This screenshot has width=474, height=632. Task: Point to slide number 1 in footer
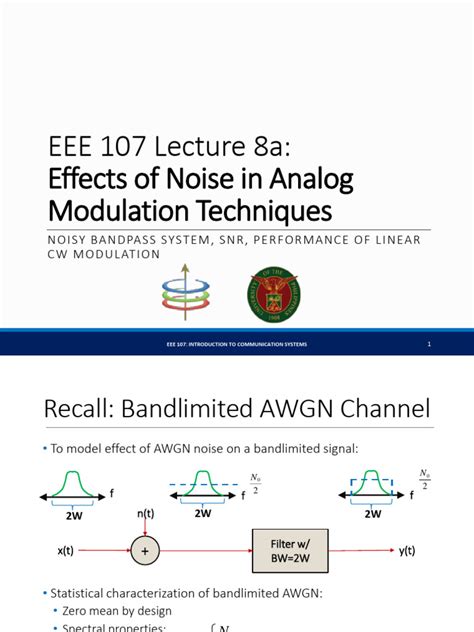tap(428, 345)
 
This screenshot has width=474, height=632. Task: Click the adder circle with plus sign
tap(144, 549)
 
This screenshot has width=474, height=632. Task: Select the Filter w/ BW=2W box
tap(294, 549)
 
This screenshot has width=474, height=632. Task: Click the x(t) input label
tap(57, 549)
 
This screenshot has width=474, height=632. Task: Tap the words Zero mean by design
tap(108, 610)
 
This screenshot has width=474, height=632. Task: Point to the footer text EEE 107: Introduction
tap(236, 345)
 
